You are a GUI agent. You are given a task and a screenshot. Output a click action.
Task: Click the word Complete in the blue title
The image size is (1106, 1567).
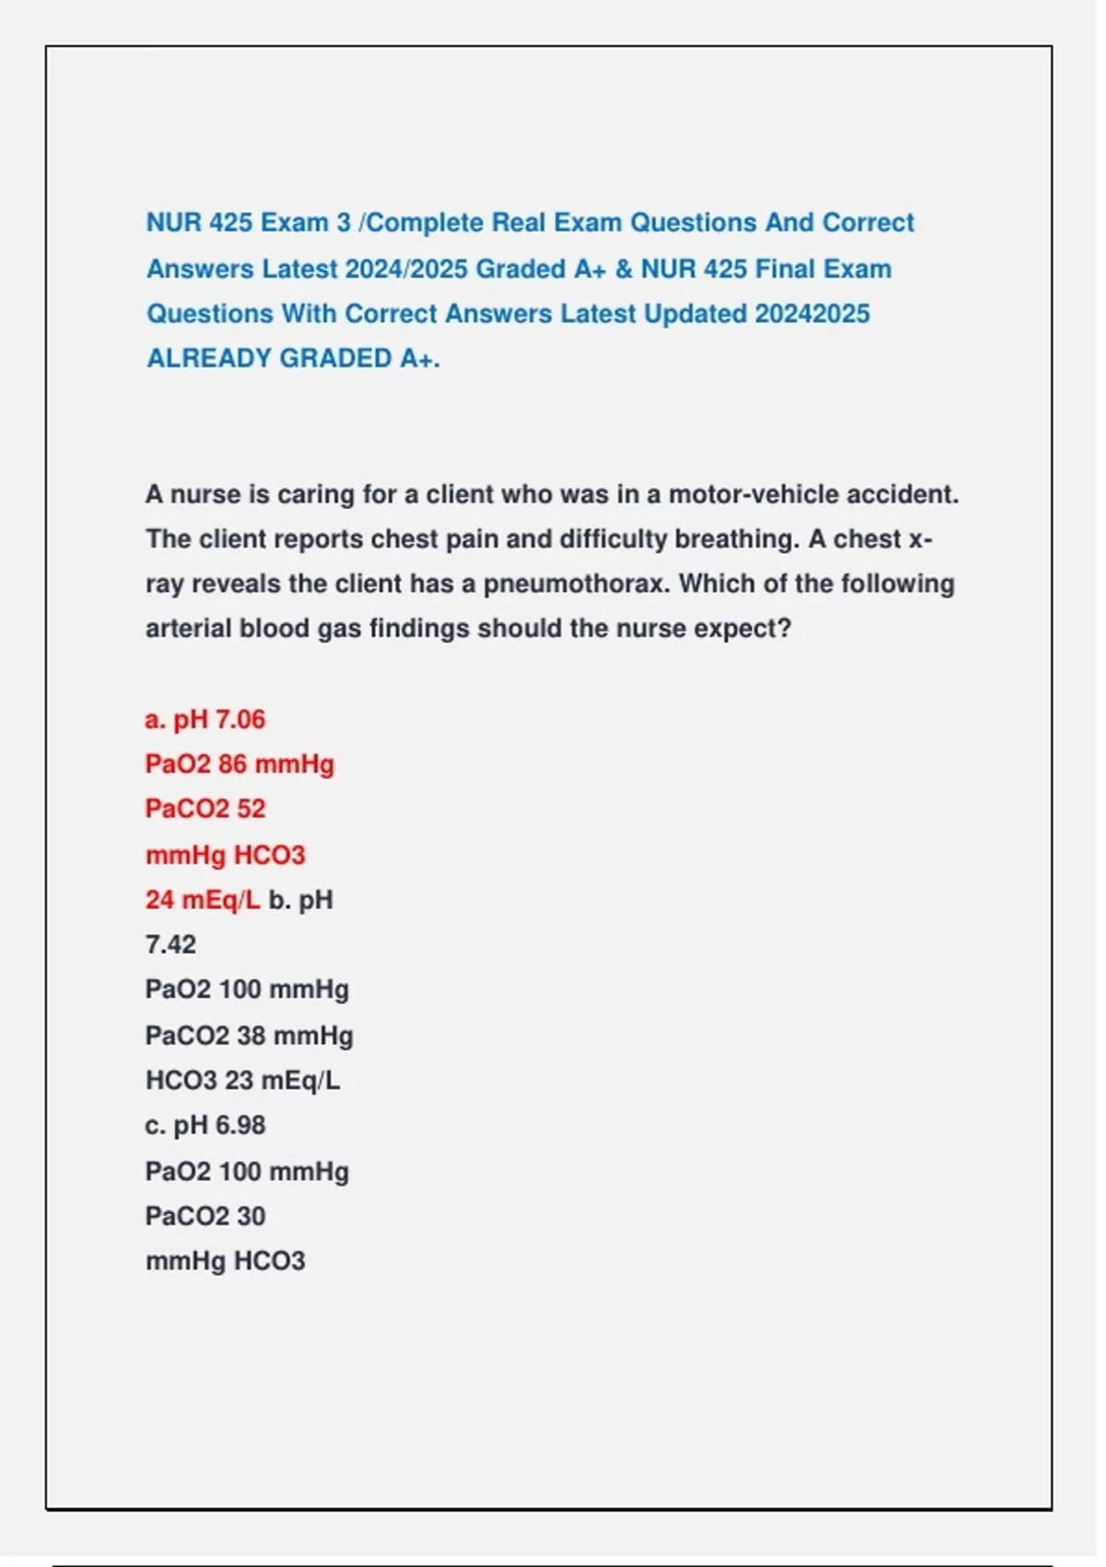click(424, 223)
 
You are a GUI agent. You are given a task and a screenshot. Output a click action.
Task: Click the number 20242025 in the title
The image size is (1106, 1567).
click(812, 314)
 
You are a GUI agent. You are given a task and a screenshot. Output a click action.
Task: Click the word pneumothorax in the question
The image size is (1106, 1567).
click(576, 584)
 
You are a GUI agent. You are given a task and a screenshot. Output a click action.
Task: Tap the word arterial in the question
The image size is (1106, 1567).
click(188, 629)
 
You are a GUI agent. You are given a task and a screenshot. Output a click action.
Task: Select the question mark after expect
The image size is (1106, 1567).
click(785, 629)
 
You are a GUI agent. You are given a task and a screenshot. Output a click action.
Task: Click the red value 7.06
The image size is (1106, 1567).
click(240, 720)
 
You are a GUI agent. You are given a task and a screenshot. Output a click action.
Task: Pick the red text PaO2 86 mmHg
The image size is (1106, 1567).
click(240, 764)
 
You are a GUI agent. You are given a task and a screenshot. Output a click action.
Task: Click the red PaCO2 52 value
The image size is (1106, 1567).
click(206, 809)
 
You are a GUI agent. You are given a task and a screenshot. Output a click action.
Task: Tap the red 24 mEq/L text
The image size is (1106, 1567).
click(203, 900)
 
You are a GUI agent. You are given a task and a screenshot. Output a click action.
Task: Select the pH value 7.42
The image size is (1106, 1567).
click(171, 945)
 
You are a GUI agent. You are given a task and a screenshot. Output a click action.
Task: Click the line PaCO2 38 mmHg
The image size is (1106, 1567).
click(249, 1036)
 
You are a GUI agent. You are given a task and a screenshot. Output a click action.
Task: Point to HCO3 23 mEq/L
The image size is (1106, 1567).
click(242, 1080)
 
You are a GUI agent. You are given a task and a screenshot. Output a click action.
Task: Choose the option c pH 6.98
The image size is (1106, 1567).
click(206, 1125)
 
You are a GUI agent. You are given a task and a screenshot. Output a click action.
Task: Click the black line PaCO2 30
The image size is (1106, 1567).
click(206, 1217)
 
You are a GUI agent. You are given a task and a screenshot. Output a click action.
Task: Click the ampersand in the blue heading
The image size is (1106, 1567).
click(624, 269)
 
